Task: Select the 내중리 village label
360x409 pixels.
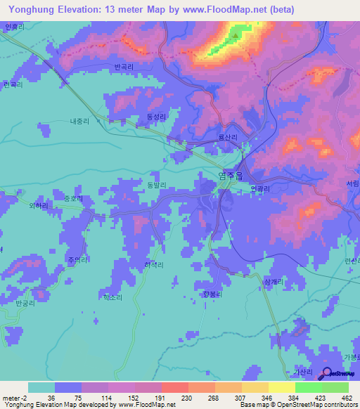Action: tap(79, 121)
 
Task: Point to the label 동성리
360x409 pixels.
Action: tap(155, 117)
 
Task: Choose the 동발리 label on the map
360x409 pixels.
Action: tap(155, 185)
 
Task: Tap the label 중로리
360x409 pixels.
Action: tap(73, 199)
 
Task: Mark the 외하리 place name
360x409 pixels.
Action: tap(39, 206)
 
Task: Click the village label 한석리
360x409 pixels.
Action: tap(153, 265)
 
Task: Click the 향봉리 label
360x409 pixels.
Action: tap(212, 294)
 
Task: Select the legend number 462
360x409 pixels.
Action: tap(346, 398)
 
